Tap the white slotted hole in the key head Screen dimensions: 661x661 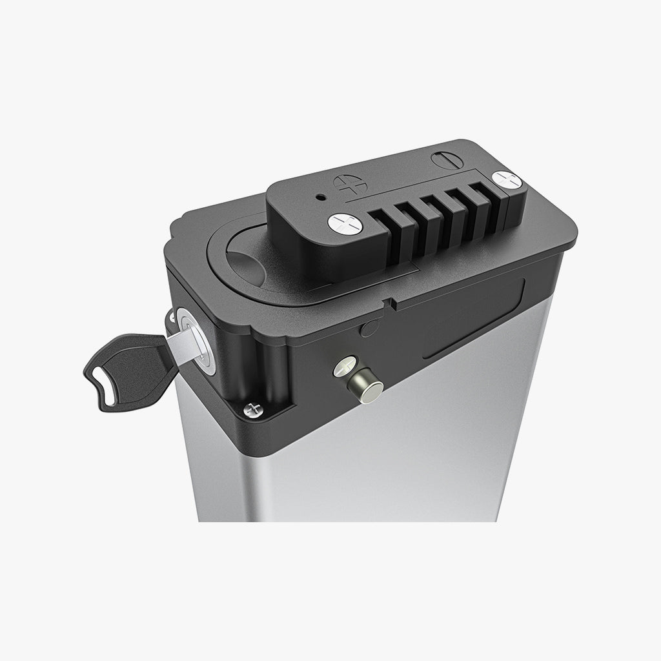click(107, 387)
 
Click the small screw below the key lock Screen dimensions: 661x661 click(252, 409)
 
